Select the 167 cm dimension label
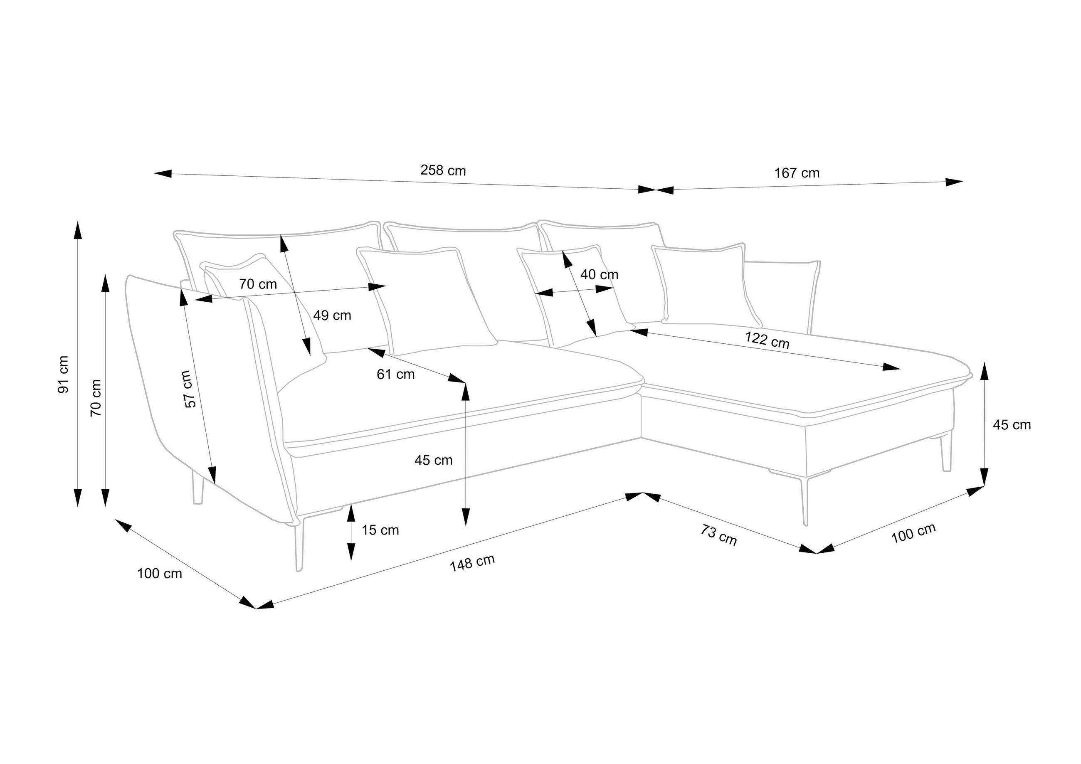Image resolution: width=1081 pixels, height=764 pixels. tap(797, 173)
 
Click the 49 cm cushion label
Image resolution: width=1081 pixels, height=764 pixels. tap(332, 315)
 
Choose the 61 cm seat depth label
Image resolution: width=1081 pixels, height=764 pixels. tap(395, 374)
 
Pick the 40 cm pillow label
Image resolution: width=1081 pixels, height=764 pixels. tap(599, 274)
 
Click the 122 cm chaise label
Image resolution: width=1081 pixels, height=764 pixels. tap(767, 340)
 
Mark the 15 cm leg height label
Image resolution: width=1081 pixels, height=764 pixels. tap(380, 530)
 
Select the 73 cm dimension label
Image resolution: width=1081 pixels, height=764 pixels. tap(718, 535)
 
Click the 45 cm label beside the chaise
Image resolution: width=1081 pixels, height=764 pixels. tap(1011, 424)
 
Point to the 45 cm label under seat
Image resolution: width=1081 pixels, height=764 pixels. tap(433, 460)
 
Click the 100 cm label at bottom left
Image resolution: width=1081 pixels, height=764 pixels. tap(159, 573)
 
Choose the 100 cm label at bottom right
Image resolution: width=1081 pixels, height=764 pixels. tap(913, 533)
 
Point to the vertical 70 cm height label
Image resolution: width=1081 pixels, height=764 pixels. tap(96, 398)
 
